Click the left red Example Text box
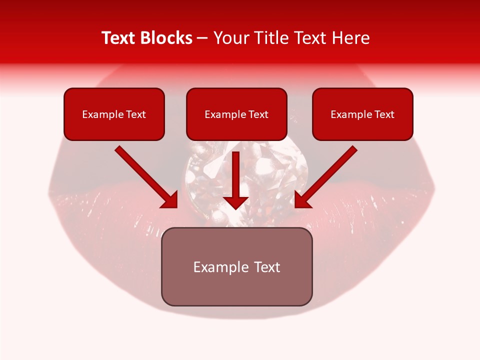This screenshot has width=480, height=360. pyautogui.click(x=114, y=114)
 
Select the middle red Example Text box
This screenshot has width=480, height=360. pyautogui.click(x=236, y=114)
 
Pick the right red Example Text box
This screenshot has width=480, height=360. pyautogui.click(x=362, y=114)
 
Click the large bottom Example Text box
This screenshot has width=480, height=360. pyautogui.click(x=236, y=266)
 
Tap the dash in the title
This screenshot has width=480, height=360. pyautogui.click(x=202, y=38)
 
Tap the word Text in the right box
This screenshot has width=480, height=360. pyautogui.click(x=384, y=114)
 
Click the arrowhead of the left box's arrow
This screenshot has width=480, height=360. pyautogui.click(x=170, y=200)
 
